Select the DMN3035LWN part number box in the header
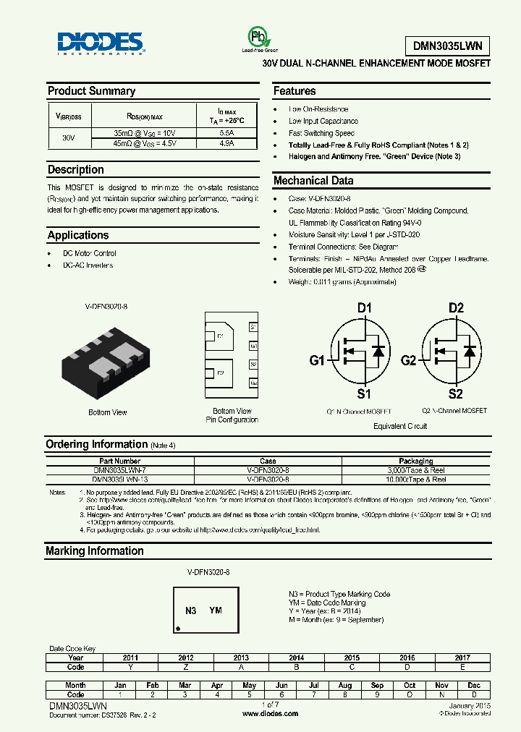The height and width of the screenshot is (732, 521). (x=452, y=46)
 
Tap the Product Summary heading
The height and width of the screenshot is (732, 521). (x=91, y=91)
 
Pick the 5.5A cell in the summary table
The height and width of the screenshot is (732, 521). (x=226, y=133)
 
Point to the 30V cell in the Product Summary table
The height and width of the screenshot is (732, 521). (x=68, y=137)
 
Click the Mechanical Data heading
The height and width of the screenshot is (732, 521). (x=313, y=181)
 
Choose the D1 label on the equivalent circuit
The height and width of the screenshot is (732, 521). (x=364, y=308)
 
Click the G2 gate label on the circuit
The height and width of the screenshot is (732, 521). (x=409, y=360)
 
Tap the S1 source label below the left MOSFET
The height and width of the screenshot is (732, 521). (x=364, y=394)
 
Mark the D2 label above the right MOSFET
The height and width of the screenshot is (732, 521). (x=455, y=308)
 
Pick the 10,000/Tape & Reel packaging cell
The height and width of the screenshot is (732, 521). (x=416, y=479)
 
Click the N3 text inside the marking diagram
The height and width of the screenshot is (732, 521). (x=190, y=610)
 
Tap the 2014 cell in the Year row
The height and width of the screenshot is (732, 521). (x=297, y=657)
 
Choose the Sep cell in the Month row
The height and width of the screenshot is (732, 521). (x=377, y=685)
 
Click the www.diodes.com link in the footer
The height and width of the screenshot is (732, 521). (x=270, y=713)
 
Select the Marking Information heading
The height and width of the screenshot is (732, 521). (x=95, y=551)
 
